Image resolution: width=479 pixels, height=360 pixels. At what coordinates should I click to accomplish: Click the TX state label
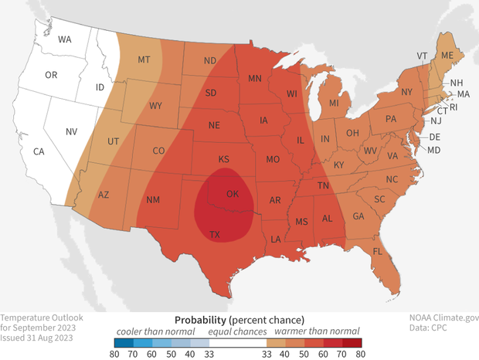(x=216, y=234)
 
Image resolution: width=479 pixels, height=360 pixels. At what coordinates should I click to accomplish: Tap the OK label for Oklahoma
(x=231, y=193)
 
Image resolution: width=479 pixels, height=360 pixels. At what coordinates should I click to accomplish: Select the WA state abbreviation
(x=65, y=39)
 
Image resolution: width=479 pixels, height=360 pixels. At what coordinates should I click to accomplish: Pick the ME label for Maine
(x=447, y=56)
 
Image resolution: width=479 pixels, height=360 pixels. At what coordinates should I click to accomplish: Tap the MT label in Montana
(x=144, y=59)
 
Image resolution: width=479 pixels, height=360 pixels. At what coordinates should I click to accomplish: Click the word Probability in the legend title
(x=200, y=320)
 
